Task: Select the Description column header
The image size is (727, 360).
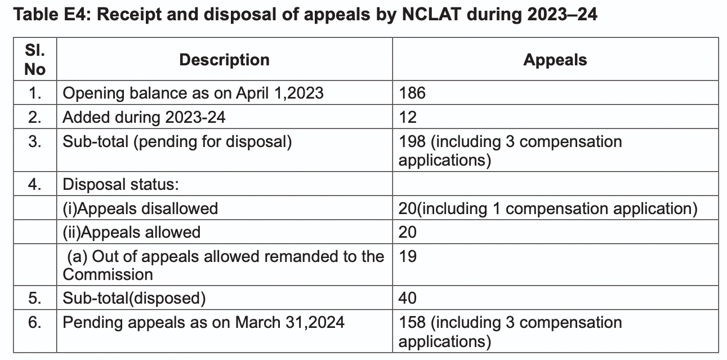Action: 224,60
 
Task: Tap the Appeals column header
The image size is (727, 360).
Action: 555,60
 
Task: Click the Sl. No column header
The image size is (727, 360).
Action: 35,59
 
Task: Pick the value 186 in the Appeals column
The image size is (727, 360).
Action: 412,93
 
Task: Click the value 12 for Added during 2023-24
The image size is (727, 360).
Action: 407,117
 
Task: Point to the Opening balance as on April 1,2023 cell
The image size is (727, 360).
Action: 193,93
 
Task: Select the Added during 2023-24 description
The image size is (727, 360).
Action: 144,117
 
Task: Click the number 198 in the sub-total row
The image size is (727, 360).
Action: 412,141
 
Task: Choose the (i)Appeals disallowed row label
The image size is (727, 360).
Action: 140,208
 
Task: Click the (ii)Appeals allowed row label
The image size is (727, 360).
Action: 131,232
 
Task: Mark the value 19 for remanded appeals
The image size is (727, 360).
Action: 407,256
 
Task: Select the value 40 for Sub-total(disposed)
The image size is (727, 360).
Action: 407,298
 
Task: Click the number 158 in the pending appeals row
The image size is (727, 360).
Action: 412,323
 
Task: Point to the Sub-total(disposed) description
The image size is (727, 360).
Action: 134,298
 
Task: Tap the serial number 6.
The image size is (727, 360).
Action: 35,323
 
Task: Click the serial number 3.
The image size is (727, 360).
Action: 35,141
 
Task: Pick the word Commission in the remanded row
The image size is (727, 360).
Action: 108,274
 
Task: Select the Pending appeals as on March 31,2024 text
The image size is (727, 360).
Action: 203,323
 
